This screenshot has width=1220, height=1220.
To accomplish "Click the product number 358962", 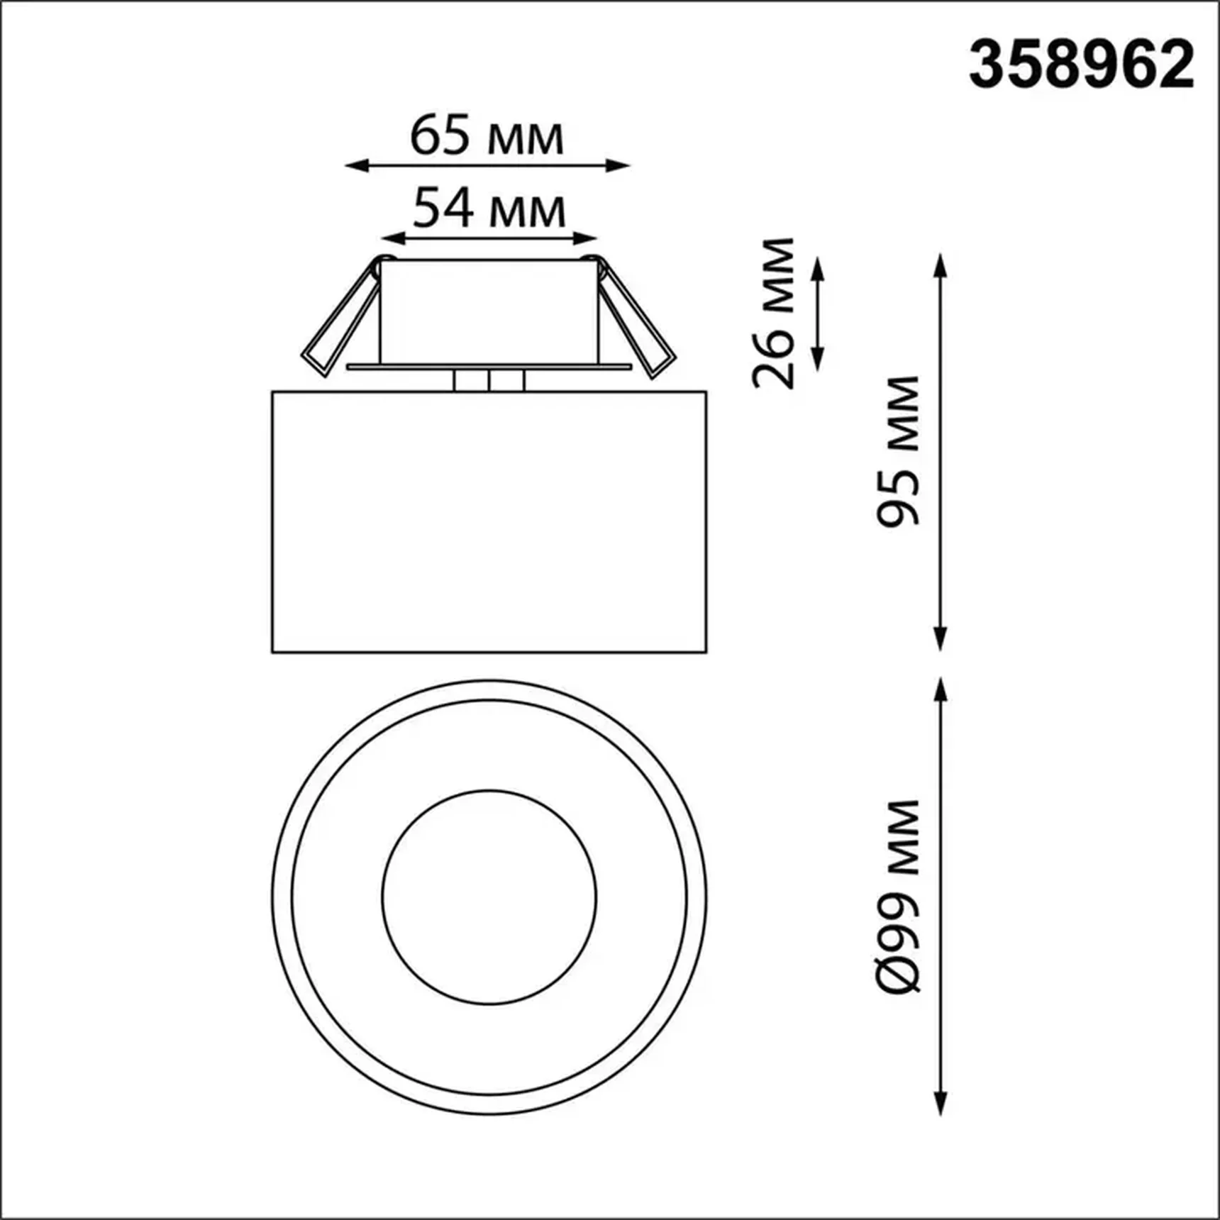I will coord(1081,65).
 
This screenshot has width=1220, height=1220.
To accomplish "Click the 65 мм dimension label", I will coord(487,136).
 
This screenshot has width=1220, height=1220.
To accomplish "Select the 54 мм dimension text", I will coord(489,209).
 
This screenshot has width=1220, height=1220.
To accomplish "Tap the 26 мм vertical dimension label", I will coord(774,313).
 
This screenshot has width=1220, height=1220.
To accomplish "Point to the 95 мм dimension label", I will coord(898,451).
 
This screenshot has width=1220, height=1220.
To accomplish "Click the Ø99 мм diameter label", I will coord(898,896).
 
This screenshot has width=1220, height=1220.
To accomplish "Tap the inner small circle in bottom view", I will coord(489,897).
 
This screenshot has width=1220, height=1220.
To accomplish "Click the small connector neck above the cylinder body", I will coord(489,381).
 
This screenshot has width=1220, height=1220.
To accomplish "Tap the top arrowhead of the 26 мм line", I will coord(817,267).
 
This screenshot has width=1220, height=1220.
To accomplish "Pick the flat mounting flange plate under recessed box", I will coord(489,367).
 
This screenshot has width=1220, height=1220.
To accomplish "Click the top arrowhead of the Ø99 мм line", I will coord(941,689).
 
